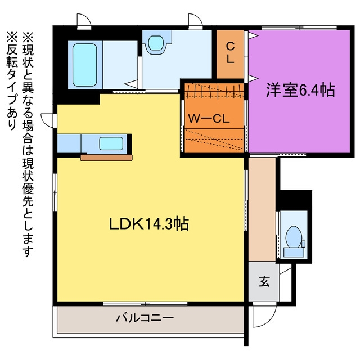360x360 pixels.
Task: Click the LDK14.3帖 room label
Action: click(148, 224)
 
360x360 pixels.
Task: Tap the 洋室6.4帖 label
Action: click(300, 90)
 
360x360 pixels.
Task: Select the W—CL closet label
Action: click(209, 119)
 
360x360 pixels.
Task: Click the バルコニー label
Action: click(145, 318)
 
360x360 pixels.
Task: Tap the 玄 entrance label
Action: click(264, 281)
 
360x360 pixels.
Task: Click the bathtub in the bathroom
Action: click(85, 65)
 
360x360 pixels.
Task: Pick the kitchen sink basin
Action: click(111, 143)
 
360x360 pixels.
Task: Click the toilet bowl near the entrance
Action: click(294, 237)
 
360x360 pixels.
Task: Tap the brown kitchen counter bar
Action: click(106, 157)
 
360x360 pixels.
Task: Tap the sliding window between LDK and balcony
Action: click(145, 304)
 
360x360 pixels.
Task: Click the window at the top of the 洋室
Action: click(299, 28)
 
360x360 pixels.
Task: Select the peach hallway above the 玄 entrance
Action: click(262, 209)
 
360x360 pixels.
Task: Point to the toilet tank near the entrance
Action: click(294, 252)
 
